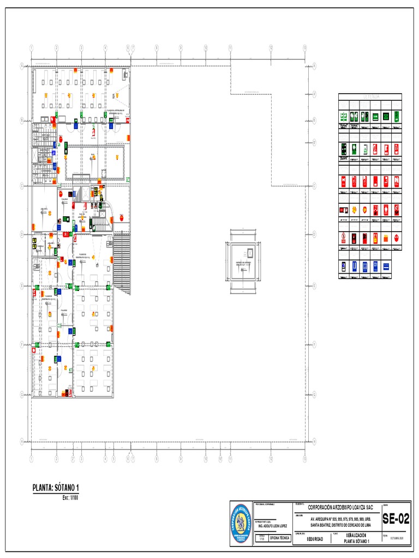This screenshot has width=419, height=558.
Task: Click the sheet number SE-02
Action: pyautogui.click(x=396, y=519)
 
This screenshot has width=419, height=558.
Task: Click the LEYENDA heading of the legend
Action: pyautogui.click(x=370, y=96)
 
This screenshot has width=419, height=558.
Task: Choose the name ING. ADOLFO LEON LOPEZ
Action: pyautogui.click(x=272, y=526)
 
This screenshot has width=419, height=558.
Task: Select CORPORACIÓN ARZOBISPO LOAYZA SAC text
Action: pyautogui.click(x=340, y=507)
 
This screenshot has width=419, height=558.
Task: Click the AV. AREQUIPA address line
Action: pyautogui.click(x=341, y=519)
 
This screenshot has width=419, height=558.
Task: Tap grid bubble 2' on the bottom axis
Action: pyautogui.click(x=73, y=459)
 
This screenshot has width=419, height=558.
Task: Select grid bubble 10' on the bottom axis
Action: pyautogui.click(x=220, y=459)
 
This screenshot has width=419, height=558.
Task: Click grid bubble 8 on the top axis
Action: pyautogui.click(x=157, y=47)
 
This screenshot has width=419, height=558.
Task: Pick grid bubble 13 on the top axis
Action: pyautogui.click(x=304, y=47)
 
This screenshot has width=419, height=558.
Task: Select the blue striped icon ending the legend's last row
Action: pyautogui.click(x=386, y=266)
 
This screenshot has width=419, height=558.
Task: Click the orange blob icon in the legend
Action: pyautogui.click(x=386, y=238)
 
